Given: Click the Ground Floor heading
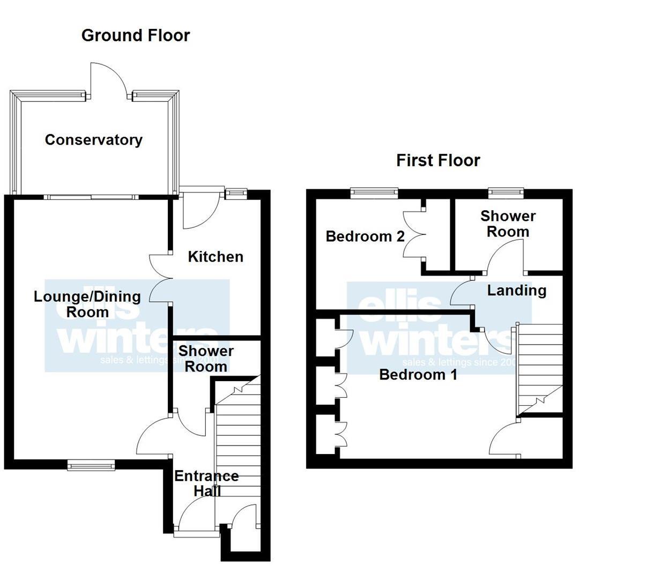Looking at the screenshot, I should pos(136,35).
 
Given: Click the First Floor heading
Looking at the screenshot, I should pos(438,160).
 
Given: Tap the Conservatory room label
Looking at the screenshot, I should pos(94,140).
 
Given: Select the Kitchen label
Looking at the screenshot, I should pos(215,257).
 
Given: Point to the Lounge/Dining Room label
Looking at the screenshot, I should pos(87,304).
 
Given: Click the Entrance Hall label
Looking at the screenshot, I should pos(206,483).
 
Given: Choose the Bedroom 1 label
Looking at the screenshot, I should pos(418,374).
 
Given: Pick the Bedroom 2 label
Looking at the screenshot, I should pos(365,236).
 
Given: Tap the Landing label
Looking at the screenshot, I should pos(517,291).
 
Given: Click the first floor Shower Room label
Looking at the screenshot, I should pos(508,224).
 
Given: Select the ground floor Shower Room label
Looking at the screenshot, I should pos(206,359).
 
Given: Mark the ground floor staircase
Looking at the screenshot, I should pos(238,440).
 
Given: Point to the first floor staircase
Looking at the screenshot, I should pos(539,370).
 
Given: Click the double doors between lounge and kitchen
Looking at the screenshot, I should pos(160,278).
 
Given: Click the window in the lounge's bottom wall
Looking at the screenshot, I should pos(91,465).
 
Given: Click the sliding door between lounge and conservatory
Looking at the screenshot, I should pos(91,197).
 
